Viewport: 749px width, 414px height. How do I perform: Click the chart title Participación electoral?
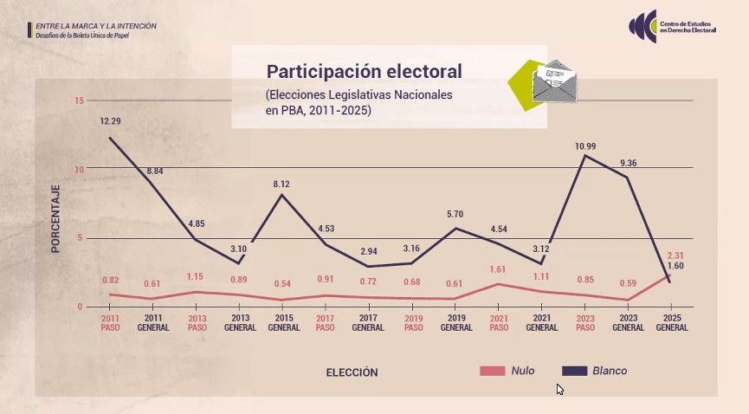point(364,72)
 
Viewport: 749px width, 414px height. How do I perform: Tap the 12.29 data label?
point(110,121)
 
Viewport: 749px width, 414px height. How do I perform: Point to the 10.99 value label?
point(585,146)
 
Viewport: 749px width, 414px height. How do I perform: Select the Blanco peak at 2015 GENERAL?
point(281,195)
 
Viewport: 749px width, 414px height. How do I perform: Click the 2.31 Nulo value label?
point(675,256)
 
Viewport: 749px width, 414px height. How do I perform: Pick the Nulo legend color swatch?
point(492,371)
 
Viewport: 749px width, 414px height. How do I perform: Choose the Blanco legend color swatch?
point(575,371)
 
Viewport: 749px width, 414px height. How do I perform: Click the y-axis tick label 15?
point(79,100)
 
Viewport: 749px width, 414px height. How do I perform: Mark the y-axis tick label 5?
point(80,237)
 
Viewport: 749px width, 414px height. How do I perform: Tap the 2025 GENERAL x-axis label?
point(672,323)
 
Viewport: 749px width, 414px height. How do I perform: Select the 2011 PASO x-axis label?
point(110,323)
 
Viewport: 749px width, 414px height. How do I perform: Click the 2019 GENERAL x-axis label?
point(456,323)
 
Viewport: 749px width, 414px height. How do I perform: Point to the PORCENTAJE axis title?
point(55,219)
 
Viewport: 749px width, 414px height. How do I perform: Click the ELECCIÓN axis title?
point(352,372)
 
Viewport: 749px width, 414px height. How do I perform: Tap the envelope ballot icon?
point(554,81)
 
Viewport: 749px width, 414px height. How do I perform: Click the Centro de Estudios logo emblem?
point(643,26)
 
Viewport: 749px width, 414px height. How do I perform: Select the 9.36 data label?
point(628,163)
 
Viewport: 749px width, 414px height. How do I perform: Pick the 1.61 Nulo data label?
point(497,269)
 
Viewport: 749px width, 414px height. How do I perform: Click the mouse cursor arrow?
point(560,390)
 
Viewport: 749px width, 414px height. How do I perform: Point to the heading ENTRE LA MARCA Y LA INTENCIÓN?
point(96,26)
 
